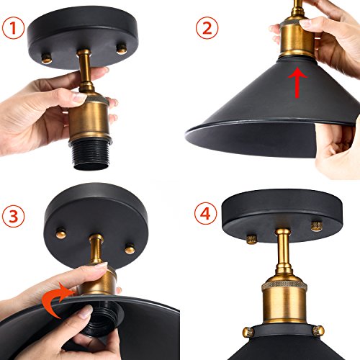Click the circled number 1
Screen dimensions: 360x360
(x=13, y=28)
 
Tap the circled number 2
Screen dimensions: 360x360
(x=207, y=28)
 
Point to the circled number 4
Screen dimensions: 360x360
(x=205, y=213)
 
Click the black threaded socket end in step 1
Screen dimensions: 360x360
(x=91, y=155)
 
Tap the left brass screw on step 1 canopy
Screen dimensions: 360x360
(x=47, y=58)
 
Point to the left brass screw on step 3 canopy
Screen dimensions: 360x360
(x=61, y=233)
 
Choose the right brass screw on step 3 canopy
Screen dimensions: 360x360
(x=130, y=248)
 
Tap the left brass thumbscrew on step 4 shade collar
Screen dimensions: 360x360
(x=248, y=332)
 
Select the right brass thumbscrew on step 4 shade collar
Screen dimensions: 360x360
(x=319, y=330)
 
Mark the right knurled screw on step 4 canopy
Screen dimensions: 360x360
(x=317, y=226)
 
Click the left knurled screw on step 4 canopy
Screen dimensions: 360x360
(x=252, y=239)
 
